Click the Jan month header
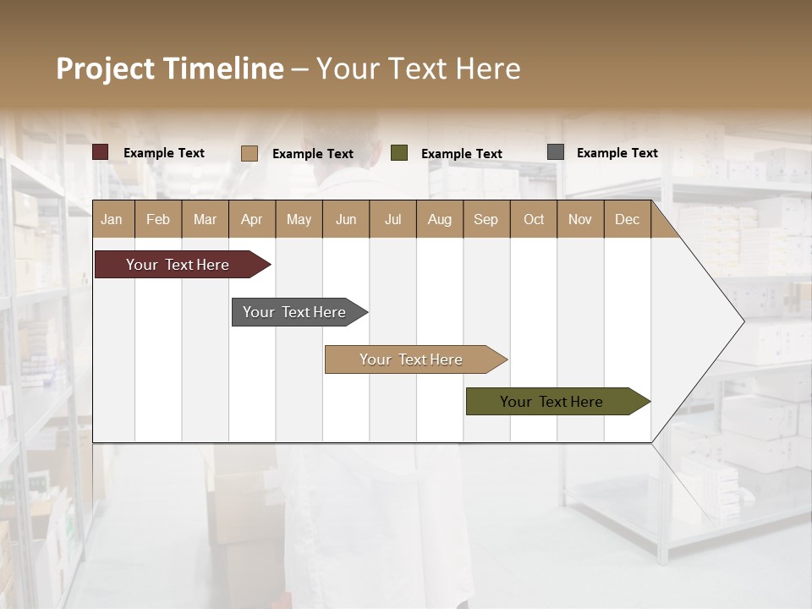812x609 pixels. pos(112,219)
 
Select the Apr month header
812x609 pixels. pos(251,219)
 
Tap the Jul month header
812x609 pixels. pos(392,219)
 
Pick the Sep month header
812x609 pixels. pos(486,219)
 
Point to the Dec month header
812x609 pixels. pos(627,219)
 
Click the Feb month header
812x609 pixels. pos(158,219)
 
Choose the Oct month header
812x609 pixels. pos(534,219)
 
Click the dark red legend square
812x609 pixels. pos(100,152)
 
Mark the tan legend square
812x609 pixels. pos(249,153)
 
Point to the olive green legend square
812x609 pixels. pos(399,153)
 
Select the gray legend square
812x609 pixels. pos(556,152)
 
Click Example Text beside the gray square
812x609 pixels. pos(617,153)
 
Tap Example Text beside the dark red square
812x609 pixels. pos(164,153)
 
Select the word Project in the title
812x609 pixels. pos(105,69)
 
